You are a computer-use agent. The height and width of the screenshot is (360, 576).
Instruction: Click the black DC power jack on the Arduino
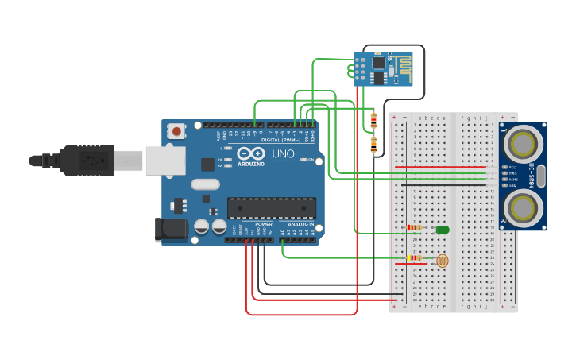[171, 230]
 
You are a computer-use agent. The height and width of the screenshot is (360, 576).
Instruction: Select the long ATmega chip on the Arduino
[271, 207]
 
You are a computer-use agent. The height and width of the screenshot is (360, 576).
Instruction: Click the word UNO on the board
[284, 153]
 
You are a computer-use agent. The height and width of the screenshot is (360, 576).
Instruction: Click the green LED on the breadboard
[443, 230]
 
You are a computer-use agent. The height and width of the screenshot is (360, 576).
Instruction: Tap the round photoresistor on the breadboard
[443, 260]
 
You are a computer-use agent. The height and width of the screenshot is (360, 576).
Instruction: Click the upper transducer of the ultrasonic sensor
[522, 144]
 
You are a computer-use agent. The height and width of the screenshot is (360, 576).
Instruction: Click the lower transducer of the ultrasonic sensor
[522, 207]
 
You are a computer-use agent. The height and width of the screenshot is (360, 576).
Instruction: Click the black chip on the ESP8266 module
[379, 62]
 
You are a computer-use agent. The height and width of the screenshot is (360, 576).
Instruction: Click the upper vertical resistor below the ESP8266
[373, 120]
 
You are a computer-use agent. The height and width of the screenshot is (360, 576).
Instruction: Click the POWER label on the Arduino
[264, 224]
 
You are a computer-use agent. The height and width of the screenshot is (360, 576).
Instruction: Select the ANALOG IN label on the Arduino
[300, 224]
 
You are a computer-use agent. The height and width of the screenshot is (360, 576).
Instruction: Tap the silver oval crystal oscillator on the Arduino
[204, 184]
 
